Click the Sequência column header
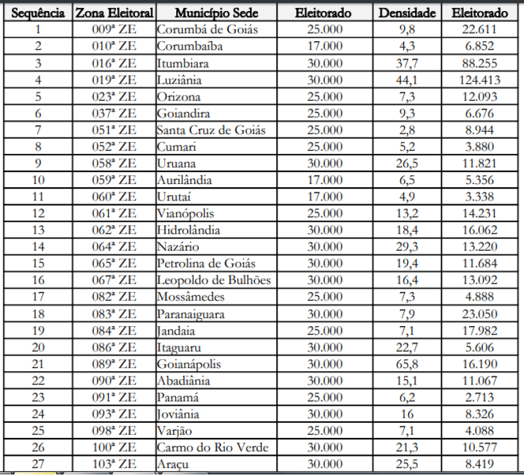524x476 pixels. coord(38,12)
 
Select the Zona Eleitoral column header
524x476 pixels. coord(114,12)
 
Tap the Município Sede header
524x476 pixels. coord(216,12)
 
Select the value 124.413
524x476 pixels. coord(479,80)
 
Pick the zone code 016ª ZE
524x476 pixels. coord(114,64)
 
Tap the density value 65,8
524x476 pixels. coord(407,364)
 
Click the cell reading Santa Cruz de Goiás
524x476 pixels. coord(211,130)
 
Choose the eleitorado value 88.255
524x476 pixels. coord(479,64)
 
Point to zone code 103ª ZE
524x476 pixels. coord(114,464)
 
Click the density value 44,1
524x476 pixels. coord(407,80)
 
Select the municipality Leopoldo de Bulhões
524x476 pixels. coord(214,280)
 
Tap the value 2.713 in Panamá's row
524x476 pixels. coord(479,397)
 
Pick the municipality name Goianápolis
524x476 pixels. coord(189,364)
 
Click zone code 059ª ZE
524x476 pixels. coord(114,180)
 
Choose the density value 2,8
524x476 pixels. coord(407,130)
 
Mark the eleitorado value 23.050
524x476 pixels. coord(479,314)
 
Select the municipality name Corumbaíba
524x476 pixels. coord(189,46)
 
